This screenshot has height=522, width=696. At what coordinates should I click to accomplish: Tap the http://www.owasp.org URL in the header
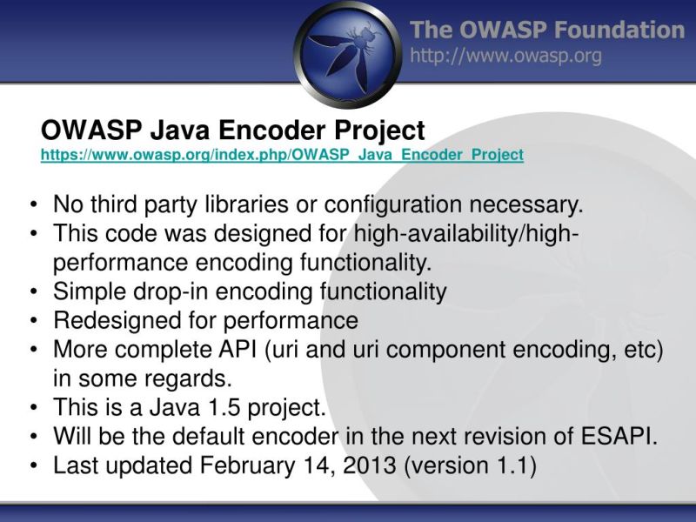point(505,57)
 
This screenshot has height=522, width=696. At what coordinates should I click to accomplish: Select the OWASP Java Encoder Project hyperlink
point(282,155)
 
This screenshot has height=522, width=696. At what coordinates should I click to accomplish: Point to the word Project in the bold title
point(382,130)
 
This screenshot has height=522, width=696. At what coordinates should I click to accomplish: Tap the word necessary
point(525,205)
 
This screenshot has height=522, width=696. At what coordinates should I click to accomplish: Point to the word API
point(236,350)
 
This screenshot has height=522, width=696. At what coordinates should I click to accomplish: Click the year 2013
point(369,465)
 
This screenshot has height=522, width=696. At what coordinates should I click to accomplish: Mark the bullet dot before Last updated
point(32,466)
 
